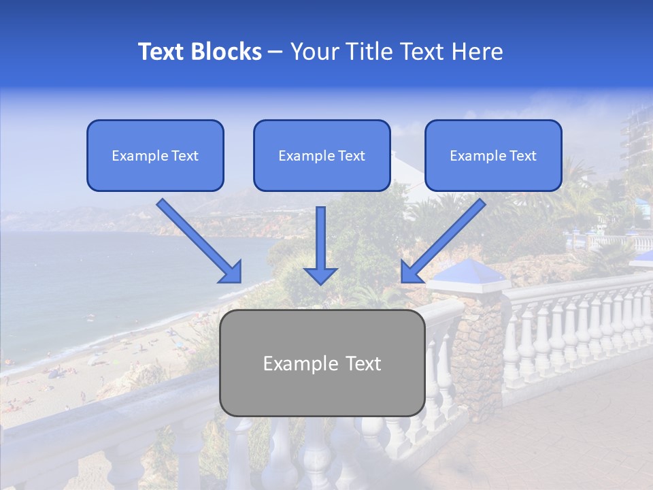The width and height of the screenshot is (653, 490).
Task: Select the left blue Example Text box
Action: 155,156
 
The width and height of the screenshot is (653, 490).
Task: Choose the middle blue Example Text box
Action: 322,156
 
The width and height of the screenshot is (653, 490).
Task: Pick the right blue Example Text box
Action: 493,156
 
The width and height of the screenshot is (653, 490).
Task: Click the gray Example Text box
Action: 322,363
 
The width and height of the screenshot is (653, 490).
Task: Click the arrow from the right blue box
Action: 446,238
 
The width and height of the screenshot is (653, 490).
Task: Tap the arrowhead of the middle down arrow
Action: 320,275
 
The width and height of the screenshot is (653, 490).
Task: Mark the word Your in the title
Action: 312,52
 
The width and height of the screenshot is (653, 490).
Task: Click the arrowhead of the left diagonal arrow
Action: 231,272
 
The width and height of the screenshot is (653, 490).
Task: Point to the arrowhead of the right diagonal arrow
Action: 411,272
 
